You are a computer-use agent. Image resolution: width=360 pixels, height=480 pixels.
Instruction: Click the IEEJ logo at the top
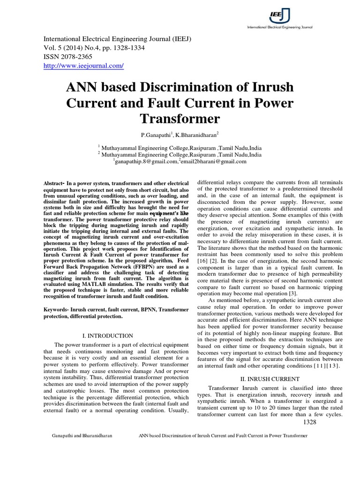(x=280, y=16)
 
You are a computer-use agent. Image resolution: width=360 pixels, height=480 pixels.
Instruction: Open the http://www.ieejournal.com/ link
(x=83, y=66)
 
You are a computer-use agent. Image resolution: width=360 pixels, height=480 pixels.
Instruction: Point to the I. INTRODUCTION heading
(x=107, y=336)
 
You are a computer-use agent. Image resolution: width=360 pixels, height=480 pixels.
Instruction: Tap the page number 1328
(x=310, y=422)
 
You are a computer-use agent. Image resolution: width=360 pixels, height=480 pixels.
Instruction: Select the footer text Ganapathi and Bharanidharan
(x=82, y=436)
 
